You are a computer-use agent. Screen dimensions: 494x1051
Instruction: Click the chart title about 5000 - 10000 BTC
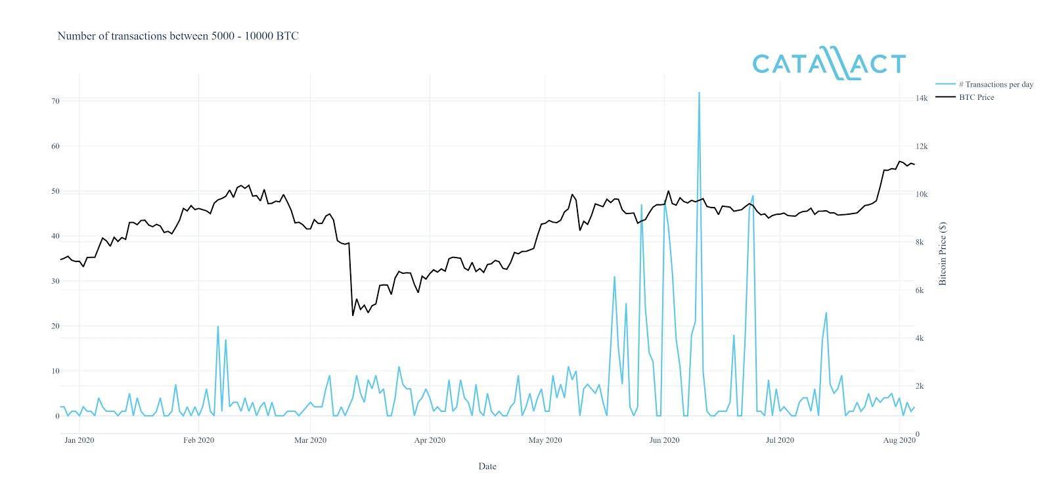(x=178, y=36)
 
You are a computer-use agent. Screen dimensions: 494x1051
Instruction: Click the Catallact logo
(x=829, y=65)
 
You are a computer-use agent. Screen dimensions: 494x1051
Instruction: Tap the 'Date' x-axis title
(x=487, y=466)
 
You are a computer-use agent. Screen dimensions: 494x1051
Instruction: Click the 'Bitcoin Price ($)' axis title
(x=943, y=254)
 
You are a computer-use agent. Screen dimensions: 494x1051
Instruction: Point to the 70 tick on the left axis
(x=55, y=101)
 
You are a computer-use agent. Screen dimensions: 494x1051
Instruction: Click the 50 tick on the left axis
(x=55, y=191)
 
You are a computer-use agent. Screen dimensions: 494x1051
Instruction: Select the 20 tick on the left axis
(x=55, y=326)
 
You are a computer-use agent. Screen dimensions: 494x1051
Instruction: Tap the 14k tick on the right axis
(x=922, y=99)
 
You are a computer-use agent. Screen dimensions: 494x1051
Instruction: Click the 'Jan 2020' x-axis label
(x=79, y=440)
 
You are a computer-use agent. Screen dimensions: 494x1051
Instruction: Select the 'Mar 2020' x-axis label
(x=310, y=440)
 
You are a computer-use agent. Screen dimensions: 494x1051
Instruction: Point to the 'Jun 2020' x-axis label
(x=664, y=440)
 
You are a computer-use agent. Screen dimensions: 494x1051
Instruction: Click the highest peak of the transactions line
(x=699, y=93)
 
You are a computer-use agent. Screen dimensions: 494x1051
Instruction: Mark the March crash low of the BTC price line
(x=353, y=315)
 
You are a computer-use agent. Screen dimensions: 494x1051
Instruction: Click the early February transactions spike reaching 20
(x=217, y=326)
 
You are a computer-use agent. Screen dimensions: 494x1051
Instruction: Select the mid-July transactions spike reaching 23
(x=826, y=313)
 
